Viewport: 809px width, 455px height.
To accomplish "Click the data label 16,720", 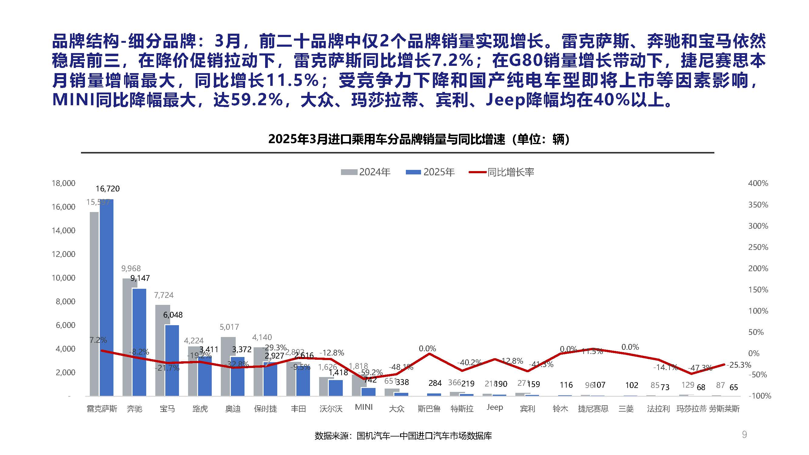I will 108,189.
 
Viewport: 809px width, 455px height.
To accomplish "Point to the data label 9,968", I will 131,268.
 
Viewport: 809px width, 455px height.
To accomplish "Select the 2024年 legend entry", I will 366,172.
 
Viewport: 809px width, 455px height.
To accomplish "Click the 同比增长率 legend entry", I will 501,172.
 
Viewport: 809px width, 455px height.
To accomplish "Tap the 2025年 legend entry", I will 430,172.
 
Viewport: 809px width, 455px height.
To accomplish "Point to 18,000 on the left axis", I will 63,183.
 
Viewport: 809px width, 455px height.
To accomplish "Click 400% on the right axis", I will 758,183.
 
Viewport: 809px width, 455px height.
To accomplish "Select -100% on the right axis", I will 760,396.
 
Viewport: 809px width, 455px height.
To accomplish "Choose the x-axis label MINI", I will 364,407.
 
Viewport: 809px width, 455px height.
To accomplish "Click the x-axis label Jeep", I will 495,407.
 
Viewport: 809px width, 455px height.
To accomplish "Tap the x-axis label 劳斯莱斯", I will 724,409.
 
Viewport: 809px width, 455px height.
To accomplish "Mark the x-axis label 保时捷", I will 265,409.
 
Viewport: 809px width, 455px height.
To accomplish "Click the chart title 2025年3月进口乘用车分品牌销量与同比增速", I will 419,139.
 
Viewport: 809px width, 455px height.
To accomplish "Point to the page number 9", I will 744,435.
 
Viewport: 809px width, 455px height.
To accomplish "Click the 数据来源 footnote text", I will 403,436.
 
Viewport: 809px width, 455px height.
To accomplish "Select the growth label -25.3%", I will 739,365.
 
